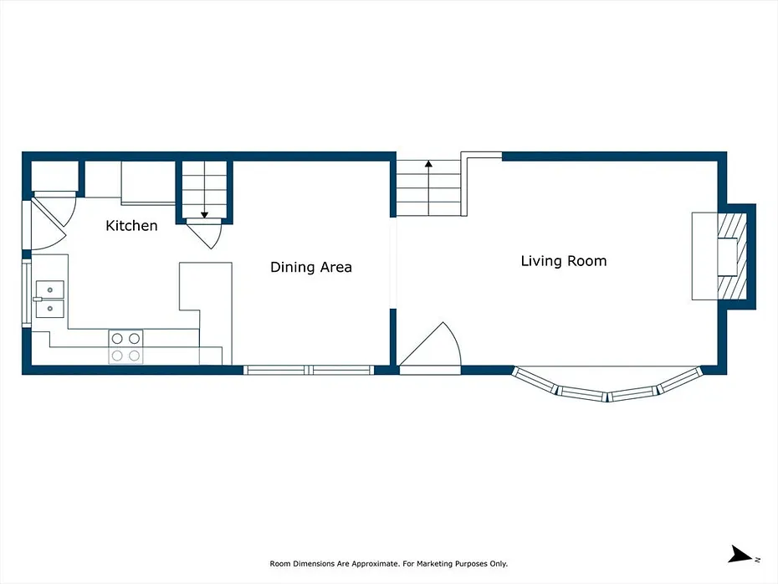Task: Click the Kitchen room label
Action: pyautogui.click(x=131, y=226)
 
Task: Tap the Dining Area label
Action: pyautogui.click(x=311, y=267)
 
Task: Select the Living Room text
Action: pyautogui.click(x=564, y=261)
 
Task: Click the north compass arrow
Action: pyautogui.click(x=741, y=554)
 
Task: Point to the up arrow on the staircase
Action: pyautogui.click(x=428, y=187)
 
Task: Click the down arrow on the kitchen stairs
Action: pyautogui.click(x=204, y=190)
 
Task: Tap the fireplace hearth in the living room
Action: pyautogui.click(x=732, y=256)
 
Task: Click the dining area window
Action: pyautogui.click(x=309, y=370)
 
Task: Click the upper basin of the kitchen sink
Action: pyautogui.click(x=50, y=289)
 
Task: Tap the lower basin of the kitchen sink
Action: pyautogui.click(x=50, y=309)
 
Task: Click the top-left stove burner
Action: pyautogui.click(x=117, y=338)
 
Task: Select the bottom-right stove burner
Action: pyautogui.click(x=135, y=356)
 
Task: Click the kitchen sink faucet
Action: pyautogui.click(x=38, y=300)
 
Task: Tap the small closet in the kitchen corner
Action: pyautogui.click(x=54, y=176)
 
